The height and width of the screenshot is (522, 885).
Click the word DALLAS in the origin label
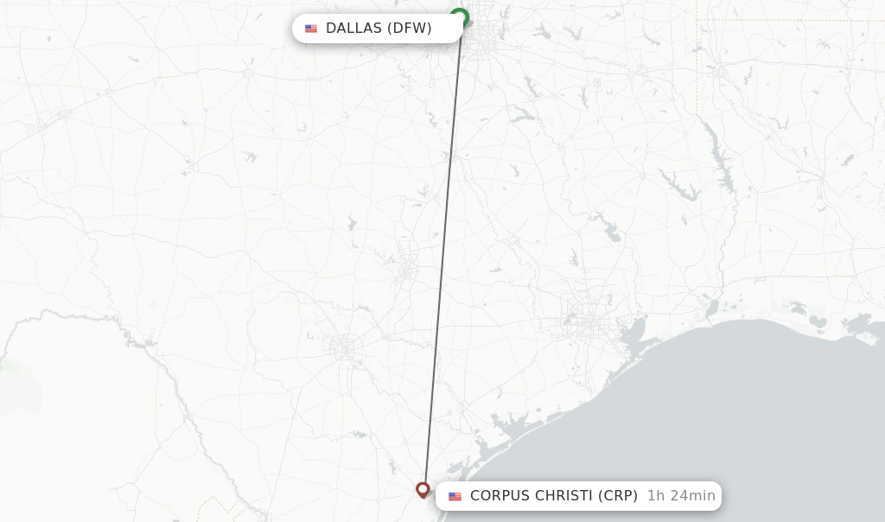(x=353, y=29)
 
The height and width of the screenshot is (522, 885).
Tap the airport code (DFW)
(x=409, y=29)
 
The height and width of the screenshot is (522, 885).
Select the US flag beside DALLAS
(x=311, y=29)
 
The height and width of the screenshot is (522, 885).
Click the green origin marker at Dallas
(x=460, y=16)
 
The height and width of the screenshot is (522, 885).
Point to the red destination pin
(x=423, y=489)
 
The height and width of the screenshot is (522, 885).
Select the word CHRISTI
(x=563, y=496)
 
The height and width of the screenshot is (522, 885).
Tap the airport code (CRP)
(x=618, y=496)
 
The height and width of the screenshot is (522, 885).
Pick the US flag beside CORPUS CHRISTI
(x=455, y=497)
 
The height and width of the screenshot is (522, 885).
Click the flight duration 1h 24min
(x=681, y=496)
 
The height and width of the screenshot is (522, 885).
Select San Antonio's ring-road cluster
(x=346, y=348)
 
